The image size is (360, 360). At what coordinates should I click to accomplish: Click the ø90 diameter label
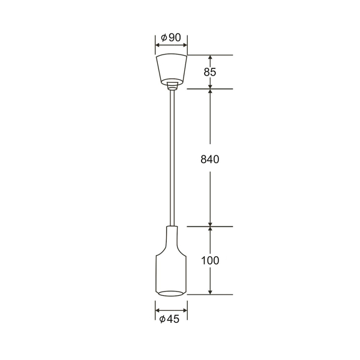pos(171,37)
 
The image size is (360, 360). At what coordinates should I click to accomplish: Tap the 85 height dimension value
pos(210,72)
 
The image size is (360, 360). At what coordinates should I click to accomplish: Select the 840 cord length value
pos(210,160)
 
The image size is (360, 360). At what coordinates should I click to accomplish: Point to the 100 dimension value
pos(210,260)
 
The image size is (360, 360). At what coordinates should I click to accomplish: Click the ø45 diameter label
pos(169,319)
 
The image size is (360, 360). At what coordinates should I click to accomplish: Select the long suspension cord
pos(172,158)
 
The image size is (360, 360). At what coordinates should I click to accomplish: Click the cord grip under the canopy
pos(172,85)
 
